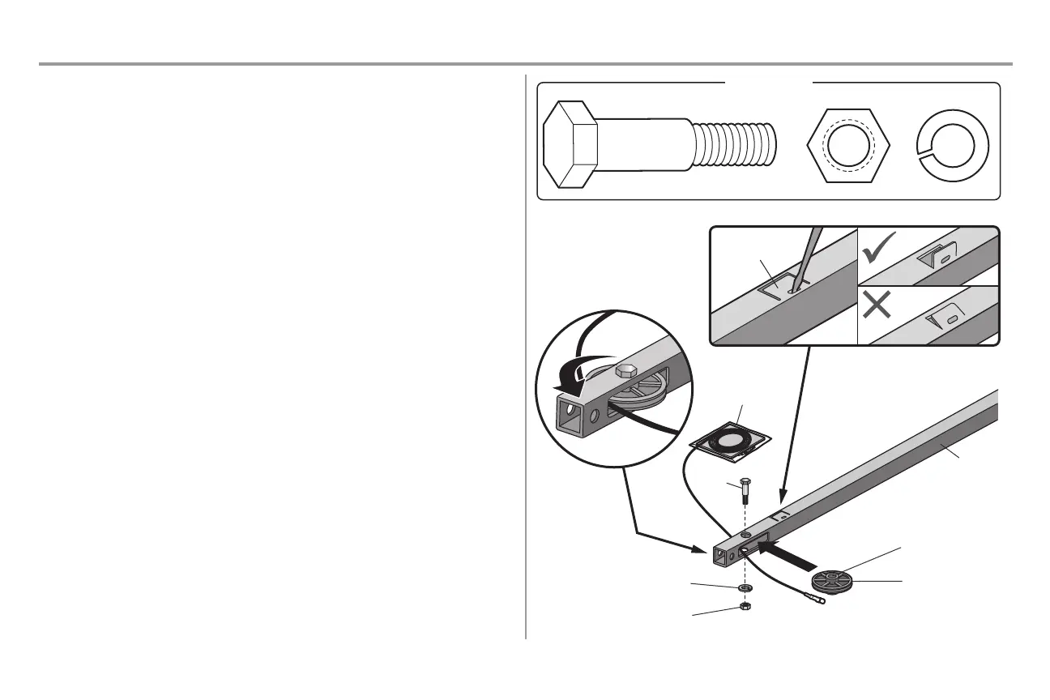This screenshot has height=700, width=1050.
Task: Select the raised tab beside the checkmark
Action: [940, 258]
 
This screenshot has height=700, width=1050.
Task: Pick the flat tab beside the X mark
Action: [941, 318]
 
